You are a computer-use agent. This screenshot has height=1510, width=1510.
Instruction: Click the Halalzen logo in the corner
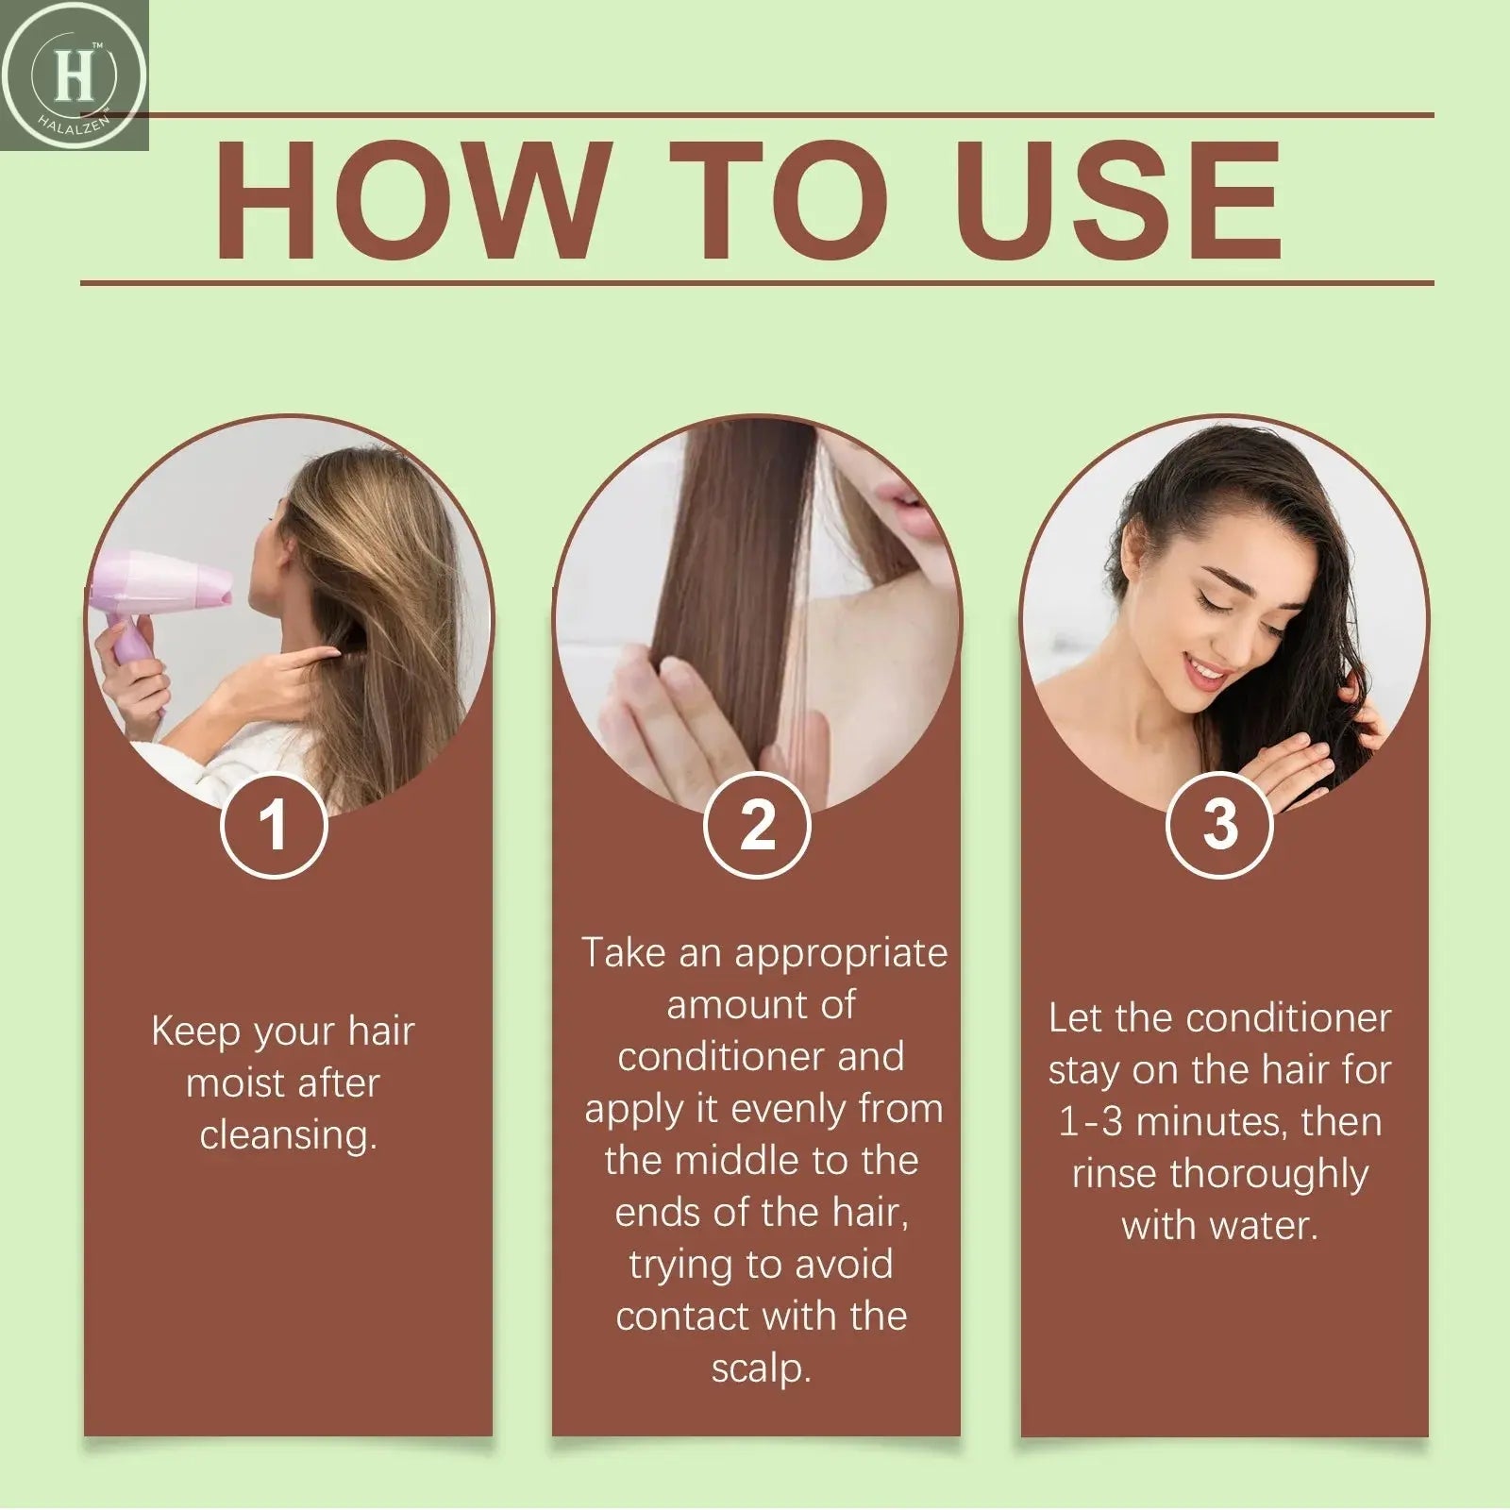point(74,75)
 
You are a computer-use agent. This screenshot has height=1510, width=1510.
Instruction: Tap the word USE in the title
point(1123,200)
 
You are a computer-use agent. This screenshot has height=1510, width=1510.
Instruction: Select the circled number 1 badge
point(274,825)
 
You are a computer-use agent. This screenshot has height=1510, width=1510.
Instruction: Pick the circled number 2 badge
point(757,825)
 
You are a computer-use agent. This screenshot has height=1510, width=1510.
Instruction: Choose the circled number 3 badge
point(1219,825)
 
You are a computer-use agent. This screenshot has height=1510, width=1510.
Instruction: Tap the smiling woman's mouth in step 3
point(1205,672)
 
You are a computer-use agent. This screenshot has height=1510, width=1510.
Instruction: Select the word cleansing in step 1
point(288,1135)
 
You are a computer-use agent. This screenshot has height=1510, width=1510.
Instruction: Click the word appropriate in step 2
point(841,954)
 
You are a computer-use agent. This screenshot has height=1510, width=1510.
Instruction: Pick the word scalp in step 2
point(760,1368)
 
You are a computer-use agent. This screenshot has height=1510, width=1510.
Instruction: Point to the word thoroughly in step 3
point(1267,1175)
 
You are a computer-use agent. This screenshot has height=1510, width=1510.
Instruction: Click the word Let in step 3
point(1073,1018)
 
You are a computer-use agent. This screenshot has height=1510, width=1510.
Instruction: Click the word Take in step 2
point(622,953)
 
